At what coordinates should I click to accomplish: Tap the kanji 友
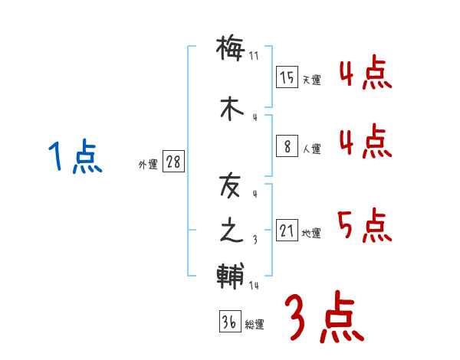click(x=230, y=186)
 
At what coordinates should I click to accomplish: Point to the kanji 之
click(x=230, y=231)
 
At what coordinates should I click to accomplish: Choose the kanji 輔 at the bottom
click(x=230, y=275)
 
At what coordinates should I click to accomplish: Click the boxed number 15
click(x=287, y=77)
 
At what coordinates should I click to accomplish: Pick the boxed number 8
click(x=287, y=146)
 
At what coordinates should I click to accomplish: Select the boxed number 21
click(x=287, y=231)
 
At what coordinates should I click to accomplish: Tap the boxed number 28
click(x=173, y=162)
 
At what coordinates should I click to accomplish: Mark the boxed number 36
click(x=228, y=322)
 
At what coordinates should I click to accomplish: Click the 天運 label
click(x=311, y=80)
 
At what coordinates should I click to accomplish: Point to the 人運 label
click(x=311, y=149)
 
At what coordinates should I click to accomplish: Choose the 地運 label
click(x=311, y=233)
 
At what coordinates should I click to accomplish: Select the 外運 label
click(x=147, y=164)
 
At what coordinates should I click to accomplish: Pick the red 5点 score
click(x=363, y=225)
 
